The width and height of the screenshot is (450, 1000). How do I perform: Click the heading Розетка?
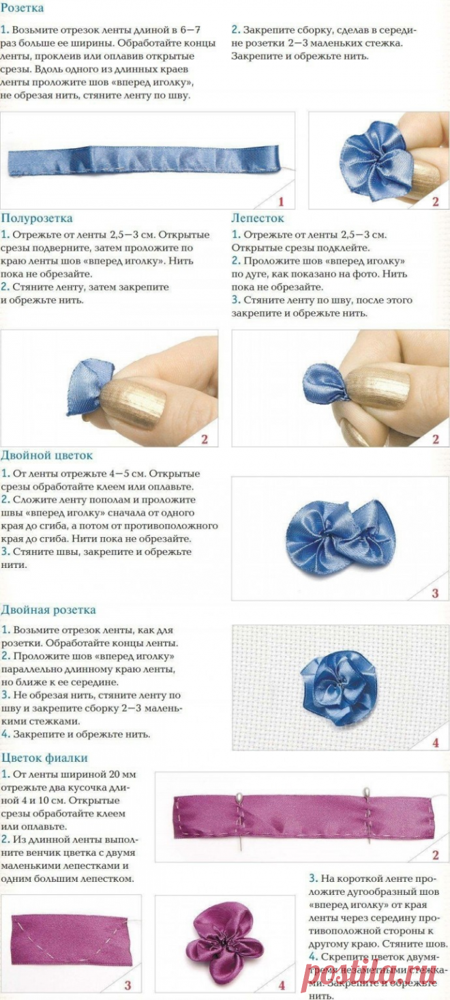pos(22,9)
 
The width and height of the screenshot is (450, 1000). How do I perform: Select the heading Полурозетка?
pos(37,218)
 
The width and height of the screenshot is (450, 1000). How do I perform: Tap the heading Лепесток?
pos(258,218)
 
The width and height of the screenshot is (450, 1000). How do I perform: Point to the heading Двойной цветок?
pos(47,455)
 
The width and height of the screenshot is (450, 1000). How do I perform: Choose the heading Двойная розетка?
pos(48,610)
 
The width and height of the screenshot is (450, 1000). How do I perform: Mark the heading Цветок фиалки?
pos(44,758)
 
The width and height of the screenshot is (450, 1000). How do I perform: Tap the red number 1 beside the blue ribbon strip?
pos(280,201)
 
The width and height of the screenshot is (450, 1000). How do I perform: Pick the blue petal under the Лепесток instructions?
pos(325,384)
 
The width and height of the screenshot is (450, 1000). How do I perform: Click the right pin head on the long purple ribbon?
pos(366,792)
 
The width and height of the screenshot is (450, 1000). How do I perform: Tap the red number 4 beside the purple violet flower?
pos(282,986)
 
